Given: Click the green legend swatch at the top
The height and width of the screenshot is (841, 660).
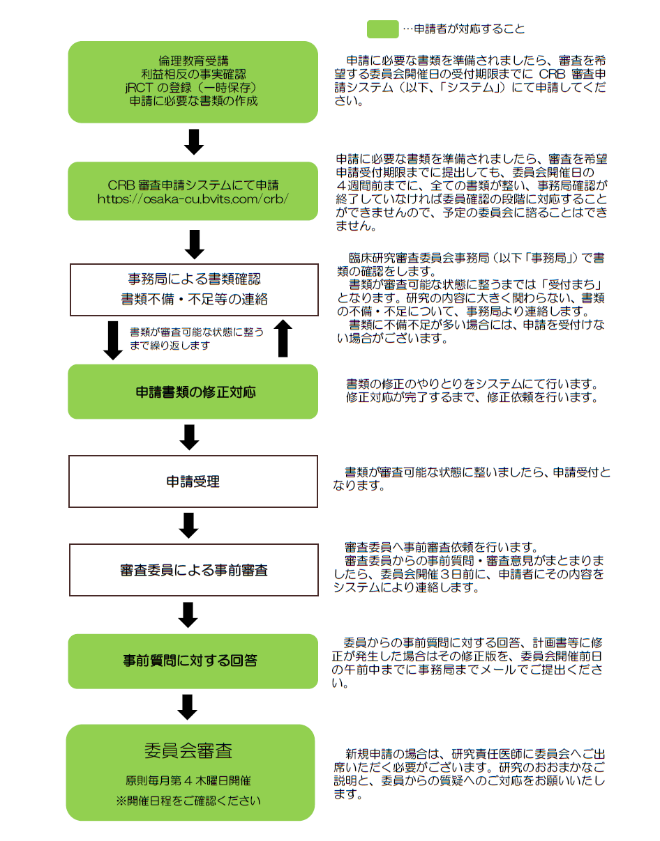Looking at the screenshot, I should point(383,29).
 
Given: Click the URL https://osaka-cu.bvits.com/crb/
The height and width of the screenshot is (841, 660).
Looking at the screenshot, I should point(193,199).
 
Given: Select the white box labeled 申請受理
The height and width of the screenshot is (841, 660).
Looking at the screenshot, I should point(193,481).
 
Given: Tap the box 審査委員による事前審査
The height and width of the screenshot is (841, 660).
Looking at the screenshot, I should point(193,571).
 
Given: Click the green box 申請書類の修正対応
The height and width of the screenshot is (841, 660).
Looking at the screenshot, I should point(193,392).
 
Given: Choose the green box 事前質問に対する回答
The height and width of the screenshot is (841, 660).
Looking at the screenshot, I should point(193,661).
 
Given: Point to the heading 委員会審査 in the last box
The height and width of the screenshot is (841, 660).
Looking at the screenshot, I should point(188,750).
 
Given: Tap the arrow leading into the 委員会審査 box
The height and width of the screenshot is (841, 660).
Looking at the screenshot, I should point(187,705).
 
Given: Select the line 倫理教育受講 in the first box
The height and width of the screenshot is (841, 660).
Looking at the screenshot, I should point(193,61).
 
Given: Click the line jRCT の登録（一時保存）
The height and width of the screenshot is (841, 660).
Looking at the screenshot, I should point(193,87).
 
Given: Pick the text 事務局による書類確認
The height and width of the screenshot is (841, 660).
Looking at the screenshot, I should point(193,279).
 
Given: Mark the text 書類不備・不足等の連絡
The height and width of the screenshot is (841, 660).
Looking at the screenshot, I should point(193,299).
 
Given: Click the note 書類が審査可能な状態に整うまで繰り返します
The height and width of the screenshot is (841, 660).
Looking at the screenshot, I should point(197,339).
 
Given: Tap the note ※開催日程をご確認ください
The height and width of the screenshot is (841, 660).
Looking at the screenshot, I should point(188,801).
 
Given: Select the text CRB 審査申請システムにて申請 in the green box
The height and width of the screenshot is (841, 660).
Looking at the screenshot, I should point(193,185).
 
